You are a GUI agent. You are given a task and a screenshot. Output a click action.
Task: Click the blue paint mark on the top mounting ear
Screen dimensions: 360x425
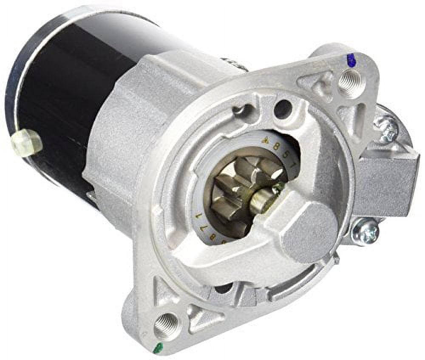pyautogui.click(x=351, y=61)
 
